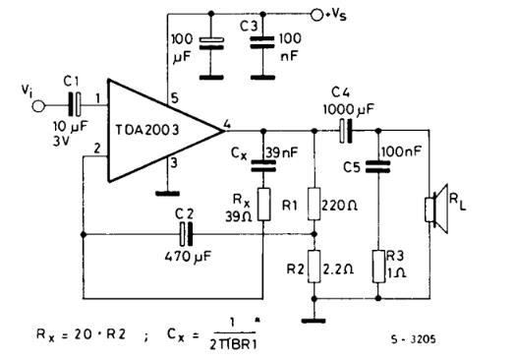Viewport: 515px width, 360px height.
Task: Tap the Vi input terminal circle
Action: click(x=38, y=104)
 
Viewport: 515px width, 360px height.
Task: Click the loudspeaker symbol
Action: click(x=430, y=209)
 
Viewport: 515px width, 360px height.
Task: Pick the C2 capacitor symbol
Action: click(x=184, y=234)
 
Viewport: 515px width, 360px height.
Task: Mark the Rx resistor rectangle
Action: click(x=264, y=204)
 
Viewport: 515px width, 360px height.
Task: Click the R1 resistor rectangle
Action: click(x=314, y=204)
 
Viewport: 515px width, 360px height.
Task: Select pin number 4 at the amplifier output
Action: click(x=227, y=123)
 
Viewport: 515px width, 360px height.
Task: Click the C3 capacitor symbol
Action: click(x=260, y=43)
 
